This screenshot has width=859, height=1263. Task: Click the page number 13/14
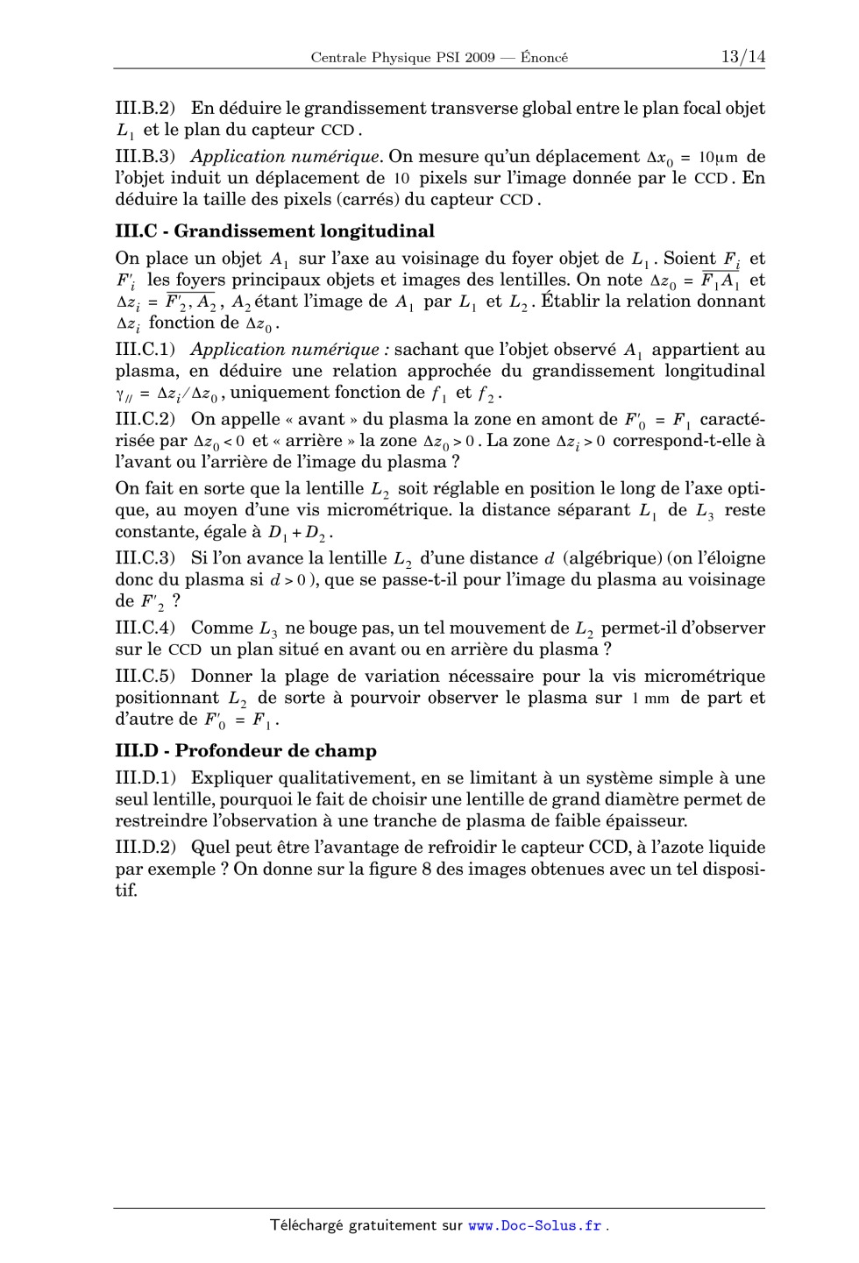[742, 57]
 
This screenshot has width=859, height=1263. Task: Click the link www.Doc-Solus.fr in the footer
[535, 1225]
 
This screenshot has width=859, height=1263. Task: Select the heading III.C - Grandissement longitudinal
[274, 231]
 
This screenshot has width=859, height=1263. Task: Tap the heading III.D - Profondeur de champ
[245, 750]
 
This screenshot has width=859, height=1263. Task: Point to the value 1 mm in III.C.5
[650, 699]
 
